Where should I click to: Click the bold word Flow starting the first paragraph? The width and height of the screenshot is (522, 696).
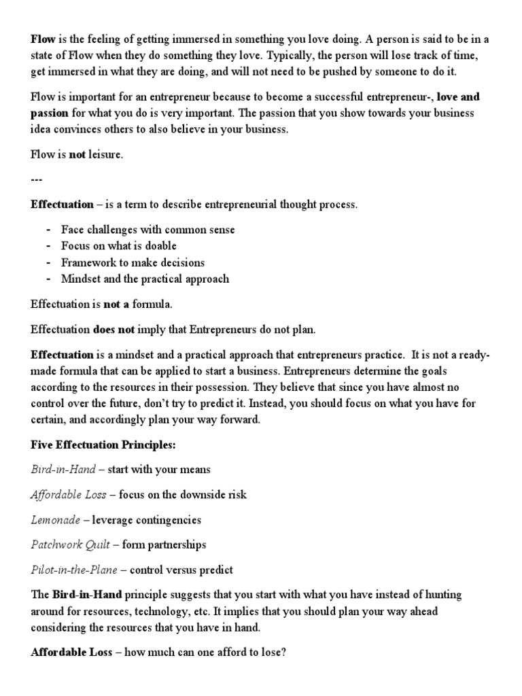tap(42, 39)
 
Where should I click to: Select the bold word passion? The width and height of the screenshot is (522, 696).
tap(50, 114)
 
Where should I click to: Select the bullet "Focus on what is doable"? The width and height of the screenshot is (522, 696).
tap(118, 246)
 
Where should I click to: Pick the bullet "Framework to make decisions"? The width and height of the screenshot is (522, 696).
tap(133, 262)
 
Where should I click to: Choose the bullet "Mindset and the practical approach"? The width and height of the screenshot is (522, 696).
tap(145, 279)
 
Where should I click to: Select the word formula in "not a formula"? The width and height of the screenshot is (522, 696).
tap(147, 304)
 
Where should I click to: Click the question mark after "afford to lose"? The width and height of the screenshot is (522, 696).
tap(283, 652)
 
